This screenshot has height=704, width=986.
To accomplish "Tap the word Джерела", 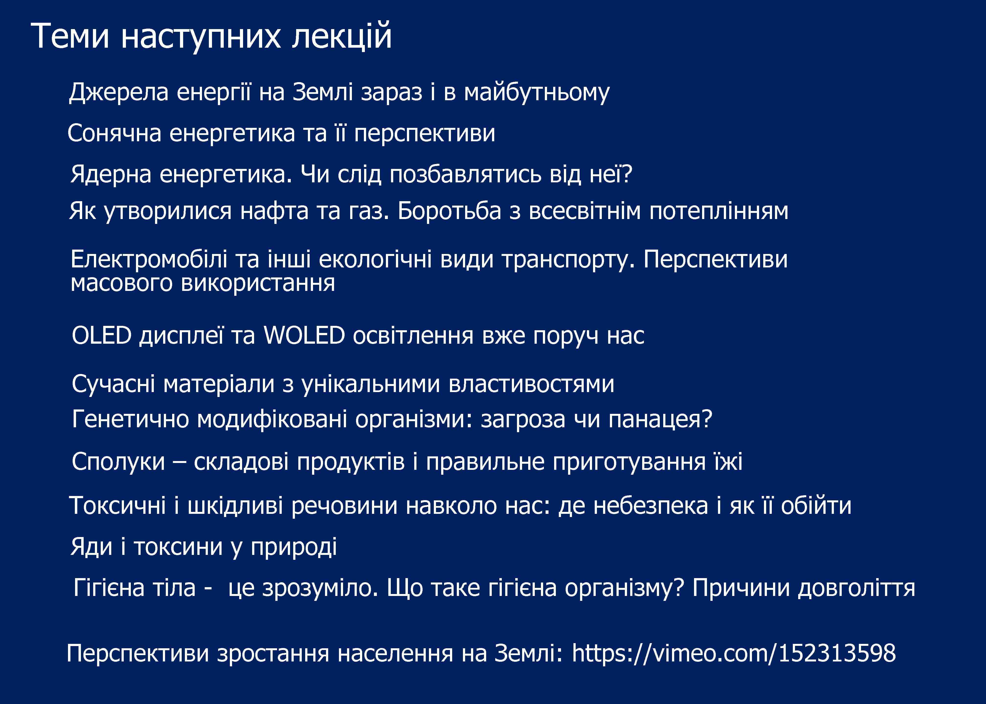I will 118,92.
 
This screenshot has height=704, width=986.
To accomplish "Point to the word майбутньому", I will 537,92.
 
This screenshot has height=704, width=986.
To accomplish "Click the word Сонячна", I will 114,133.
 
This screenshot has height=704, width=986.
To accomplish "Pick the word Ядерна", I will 111,174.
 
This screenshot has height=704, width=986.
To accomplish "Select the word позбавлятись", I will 466,174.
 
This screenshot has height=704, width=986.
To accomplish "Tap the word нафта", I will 274,211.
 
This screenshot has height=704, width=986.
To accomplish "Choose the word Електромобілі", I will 149,259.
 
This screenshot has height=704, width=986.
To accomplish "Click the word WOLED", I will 304,336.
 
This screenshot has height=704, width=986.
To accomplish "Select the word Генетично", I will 131,419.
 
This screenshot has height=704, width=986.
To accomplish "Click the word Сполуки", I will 118,461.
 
